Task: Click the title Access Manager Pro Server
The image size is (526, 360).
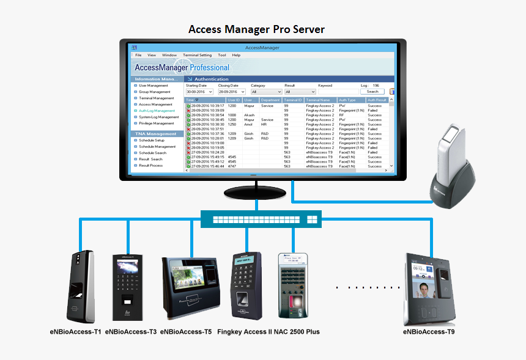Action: (x=256, y=29)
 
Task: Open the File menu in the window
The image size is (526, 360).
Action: (x=138, y=55)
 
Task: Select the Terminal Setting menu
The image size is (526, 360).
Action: (x=197, y=55)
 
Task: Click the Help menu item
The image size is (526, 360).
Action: (x=236, y=55)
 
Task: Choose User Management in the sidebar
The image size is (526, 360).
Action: (x=153, y=86)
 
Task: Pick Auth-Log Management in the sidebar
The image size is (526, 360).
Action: (x=156, y=111)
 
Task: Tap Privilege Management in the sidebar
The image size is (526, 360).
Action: (x=157, y=123)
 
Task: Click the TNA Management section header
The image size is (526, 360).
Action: (x=156, y=134)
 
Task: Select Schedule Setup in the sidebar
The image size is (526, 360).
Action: (x=152, y=141)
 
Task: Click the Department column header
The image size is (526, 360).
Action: (x=270, y=100)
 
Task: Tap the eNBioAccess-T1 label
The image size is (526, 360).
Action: (x=76, y=332)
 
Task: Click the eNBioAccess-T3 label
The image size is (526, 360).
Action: (x=131, y=332)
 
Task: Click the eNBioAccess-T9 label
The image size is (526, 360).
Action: (x=428, y=332)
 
